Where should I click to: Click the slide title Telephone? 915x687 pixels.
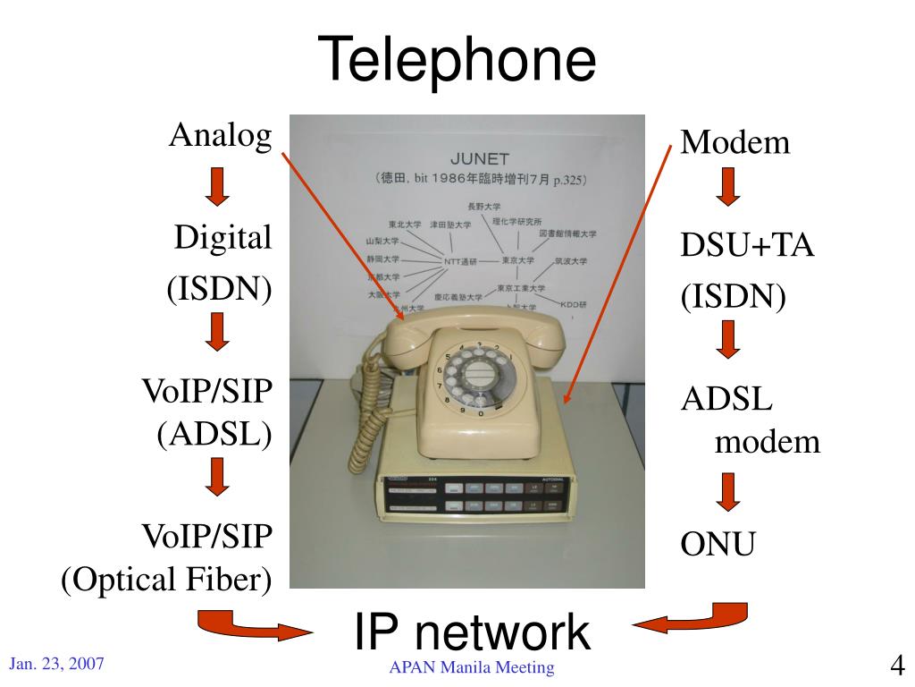coord(457,60)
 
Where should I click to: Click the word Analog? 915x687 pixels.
coord(221,136)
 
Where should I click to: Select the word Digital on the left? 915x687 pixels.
coord(222,238)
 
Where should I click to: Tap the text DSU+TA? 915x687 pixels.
coord(748,245)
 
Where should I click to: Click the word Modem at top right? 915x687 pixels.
coord(735,142)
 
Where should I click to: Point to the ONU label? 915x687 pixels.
coord(718,543)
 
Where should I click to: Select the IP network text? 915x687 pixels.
coord(472,632)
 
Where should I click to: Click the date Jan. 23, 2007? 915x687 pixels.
coord(57,664)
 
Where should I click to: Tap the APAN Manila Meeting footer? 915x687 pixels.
coord(472,667)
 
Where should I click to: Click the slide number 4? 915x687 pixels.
coord(897,666)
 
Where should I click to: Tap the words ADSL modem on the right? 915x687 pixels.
coord(751,420)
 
